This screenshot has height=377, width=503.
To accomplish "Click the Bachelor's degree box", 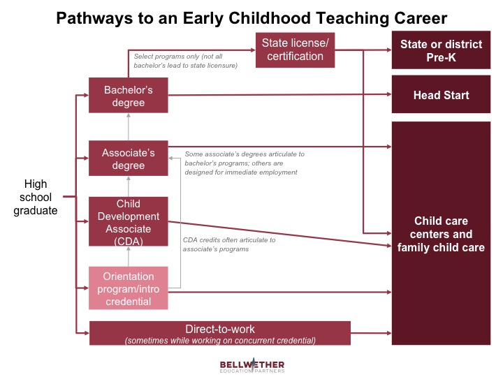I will pos(129,96).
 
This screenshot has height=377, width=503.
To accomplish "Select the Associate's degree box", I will pos(129,158).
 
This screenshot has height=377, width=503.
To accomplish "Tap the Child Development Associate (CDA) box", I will pos(129,222).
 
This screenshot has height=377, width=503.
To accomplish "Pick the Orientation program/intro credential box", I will pos(129,288).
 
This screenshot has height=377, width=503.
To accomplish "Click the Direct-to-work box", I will pos(219,333).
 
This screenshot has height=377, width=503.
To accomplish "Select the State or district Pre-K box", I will pos(441,50).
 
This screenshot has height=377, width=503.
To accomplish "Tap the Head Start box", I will pos(441,95).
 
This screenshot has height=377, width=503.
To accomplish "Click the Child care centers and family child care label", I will pos(441,234).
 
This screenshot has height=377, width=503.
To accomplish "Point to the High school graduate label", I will pos(36,197).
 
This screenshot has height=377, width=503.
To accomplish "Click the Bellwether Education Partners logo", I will pos(252,367).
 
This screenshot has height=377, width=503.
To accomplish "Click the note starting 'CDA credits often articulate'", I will pos(228,244).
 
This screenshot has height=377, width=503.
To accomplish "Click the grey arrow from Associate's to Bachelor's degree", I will pos(129,127).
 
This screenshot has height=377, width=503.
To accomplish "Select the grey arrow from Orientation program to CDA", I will pos(129,255).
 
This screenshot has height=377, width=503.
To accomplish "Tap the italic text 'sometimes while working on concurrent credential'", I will pos(219,340).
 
